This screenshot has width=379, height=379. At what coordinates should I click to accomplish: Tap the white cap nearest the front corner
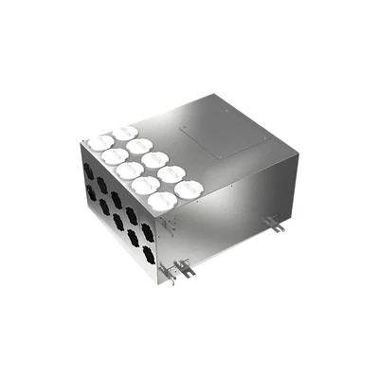click(x=163, y=199)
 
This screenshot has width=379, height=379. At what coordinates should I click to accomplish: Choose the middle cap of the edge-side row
click(x=130, y=171)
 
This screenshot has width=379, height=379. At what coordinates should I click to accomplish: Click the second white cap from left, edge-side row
click(x=114, y=156)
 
